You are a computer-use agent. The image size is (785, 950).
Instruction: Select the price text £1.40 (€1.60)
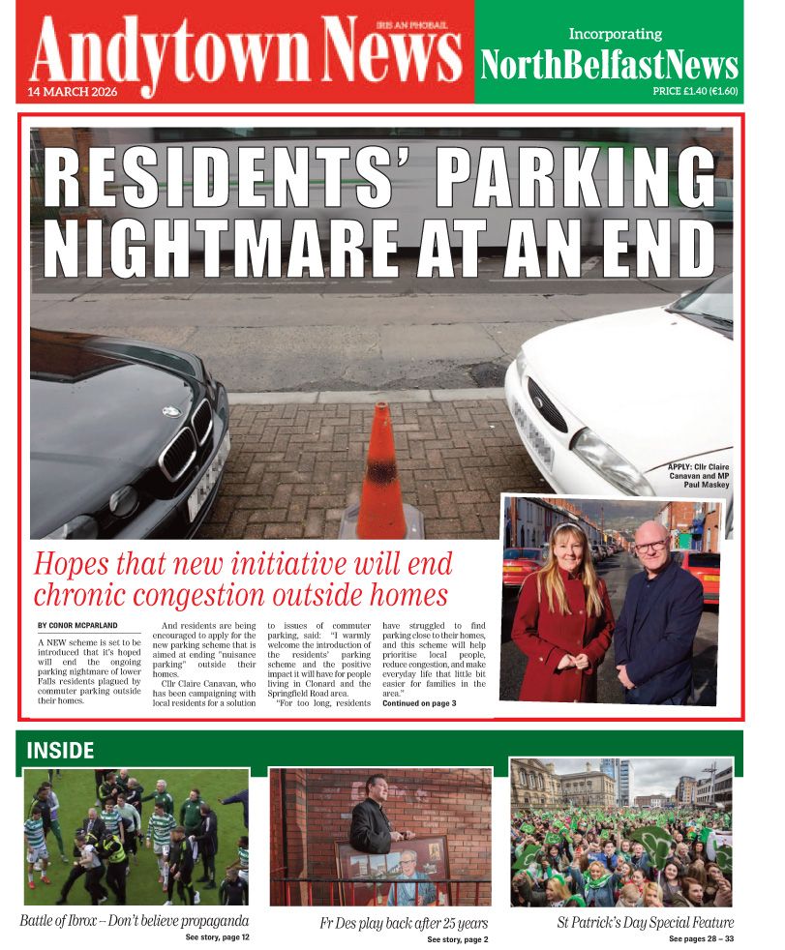(x=695, y=92)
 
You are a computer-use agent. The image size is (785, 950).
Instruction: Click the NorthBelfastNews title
(x=610, y=66)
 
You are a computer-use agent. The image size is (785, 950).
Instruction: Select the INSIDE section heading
(x=60, y=751)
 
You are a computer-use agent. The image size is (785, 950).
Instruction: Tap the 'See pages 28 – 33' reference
(x=701, y=938)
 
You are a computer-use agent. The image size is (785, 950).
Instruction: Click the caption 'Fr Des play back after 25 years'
(x=404, y=923)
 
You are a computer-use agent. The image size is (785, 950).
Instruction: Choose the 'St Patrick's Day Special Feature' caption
(x=645, y=922)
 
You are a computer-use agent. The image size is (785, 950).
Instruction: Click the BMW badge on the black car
(x=171, y=411)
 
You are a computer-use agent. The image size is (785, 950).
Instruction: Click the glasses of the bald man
(x=649, y=547)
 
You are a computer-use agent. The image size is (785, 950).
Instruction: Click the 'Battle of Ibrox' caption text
(x=135, y=920)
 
